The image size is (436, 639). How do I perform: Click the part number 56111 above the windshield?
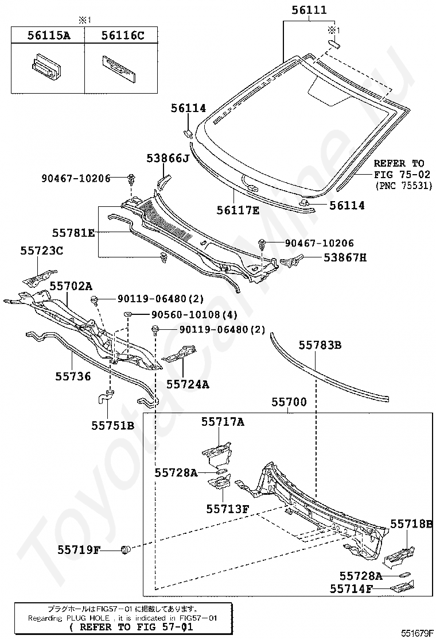309,9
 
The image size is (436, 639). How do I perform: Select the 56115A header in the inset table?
49,36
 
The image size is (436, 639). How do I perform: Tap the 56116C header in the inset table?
123,36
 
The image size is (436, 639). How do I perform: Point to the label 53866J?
168,158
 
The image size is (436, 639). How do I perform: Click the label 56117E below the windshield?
238,210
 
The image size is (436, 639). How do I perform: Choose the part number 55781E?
73,233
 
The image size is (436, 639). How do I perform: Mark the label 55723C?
42,251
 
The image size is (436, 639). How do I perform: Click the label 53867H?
345,257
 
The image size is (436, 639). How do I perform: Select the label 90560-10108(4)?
194,314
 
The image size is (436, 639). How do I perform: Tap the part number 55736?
73,376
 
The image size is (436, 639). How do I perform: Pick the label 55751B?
112,425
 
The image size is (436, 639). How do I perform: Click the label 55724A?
188,384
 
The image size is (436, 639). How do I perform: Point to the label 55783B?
320,345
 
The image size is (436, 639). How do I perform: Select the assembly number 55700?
289,402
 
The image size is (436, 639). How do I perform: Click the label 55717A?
223,422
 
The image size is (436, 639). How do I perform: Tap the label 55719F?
79,550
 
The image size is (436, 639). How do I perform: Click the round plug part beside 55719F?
126,550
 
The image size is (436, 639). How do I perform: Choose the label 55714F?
352,588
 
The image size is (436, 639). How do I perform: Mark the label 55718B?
411,523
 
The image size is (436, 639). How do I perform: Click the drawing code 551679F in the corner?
418,633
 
